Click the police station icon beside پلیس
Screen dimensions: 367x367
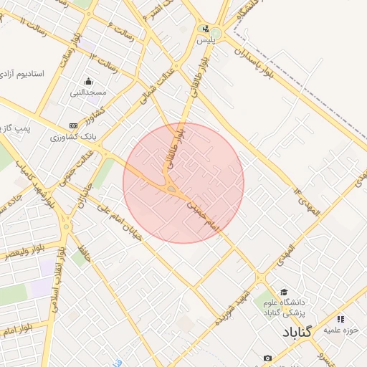206,30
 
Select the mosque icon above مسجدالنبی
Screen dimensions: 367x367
88,81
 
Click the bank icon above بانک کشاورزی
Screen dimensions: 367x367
73,125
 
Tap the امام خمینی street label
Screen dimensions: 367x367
202,214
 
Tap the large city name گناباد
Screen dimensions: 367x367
297,333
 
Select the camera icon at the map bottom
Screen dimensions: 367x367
267,358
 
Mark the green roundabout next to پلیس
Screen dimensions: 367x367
216,34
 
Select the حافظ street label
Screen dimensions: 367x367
83,254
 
